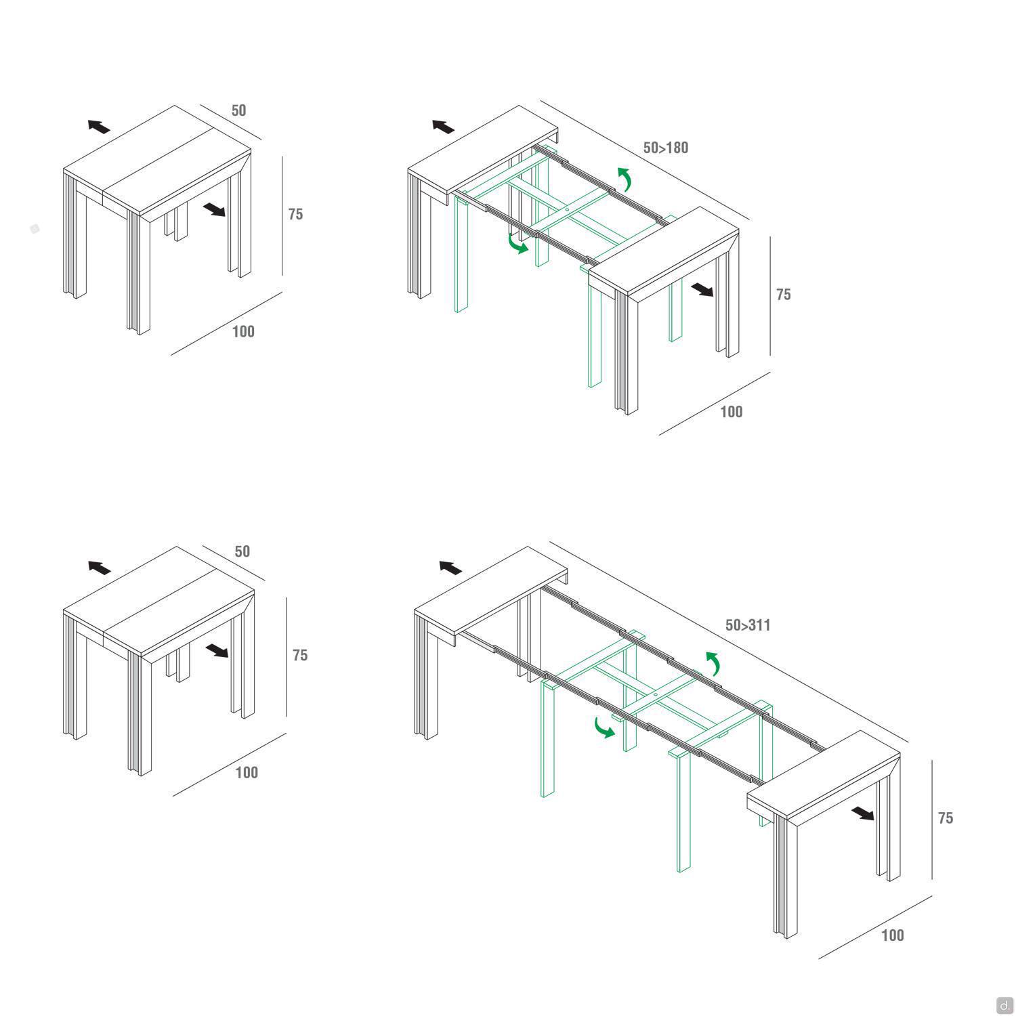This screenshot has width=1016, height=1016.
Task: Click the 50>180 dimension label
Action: [x=665, y=148]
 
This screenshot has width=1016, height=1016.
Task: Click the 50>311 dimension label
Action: [x=748, y=625]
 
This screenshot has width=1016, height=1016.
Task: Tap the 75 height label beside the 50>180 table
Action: [x=784, y=295]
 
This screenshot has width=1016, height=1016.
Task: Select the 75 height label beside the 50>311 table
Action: [x=946, y=818]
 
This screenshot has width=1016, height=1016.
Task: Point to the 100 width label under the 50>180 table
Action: [x=731, y=412]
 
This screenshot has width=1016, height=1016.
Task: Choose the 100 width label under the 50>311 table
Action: [x=893, y=935]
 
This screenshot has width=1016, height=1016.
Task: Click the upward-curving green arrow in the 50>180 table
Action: [x=625, y=179]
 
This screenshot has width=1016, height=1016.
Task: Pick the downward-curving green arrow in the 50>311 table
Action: [x=604, y=727]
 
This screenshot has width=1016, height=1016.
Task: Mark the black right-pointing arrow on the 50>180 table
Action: [x=702, y=290]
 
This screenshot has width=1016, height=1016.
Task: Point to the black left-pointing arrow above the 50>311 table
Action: [x=450, y=568]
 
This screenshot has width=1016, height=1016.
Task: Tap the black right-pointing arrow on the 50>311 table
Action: [x=863, y=813]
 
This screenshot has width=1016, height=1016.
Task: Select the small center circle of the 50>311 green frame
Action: [x=656, y=696]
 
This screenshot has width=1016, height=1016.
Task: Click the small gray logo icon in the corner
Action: [x=1004, y=1005]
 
